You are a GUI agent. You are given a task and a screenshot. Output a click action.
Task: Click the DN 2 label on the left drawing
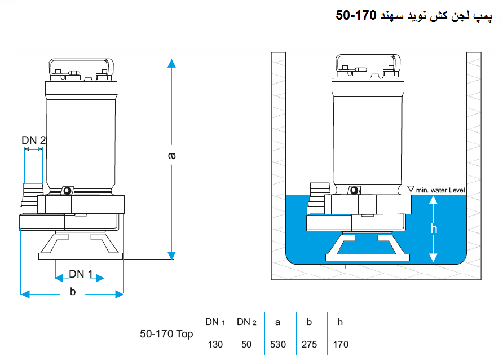point(34,140)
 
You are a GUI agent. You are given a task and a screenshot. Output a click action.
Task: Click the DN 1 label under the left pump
point(81,274)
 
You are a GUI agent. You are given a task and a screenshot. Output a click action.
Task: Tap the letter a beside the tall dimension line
point(171,156)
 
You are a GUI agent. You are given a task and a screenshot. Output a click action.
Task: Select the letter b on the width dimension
point(73,292)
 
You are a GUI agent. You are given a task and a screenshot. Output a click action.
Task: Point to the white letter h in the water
point(434,229)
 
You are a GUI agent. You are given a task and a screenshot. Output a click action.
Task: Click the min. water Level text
point(440,190)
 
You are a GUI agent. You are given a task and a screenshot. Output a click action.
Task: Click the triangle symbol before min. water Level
point(411,189)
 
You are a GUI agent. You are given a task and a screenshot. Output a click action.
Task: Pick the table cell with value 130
point(215,345)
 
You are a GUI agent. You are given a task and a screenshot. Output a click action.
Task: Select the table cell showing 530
point(278,345)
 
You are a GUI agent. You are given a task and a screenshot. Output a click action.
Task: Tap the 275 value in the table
point(309,345)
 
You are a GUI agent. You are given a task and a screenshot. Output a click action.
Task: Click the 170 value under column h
point(341,345)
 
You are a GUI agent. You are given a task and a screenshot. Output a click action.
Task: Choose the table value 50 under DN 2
point(246,345)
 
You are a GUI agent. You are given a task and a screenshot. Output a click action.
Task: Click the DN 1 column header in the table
point(215,322)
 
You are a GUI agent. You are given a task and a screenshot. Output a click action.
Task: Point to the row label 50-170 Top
point(166,334)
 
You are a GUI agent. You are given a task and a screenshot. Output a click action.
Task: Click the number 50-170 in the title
point(356,15)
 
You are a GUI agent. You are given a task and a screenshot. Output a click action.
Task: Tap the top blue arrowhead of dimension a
point(171,63)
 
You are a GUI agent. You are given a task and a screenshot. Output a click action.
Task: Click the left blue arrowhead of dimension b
point(25,294)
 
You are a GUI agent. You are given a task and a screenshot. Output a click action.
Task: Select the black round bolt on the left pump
point(67,191)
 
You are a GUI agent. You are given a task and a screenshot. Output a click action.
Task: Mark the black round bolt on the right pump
point(354,190)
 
